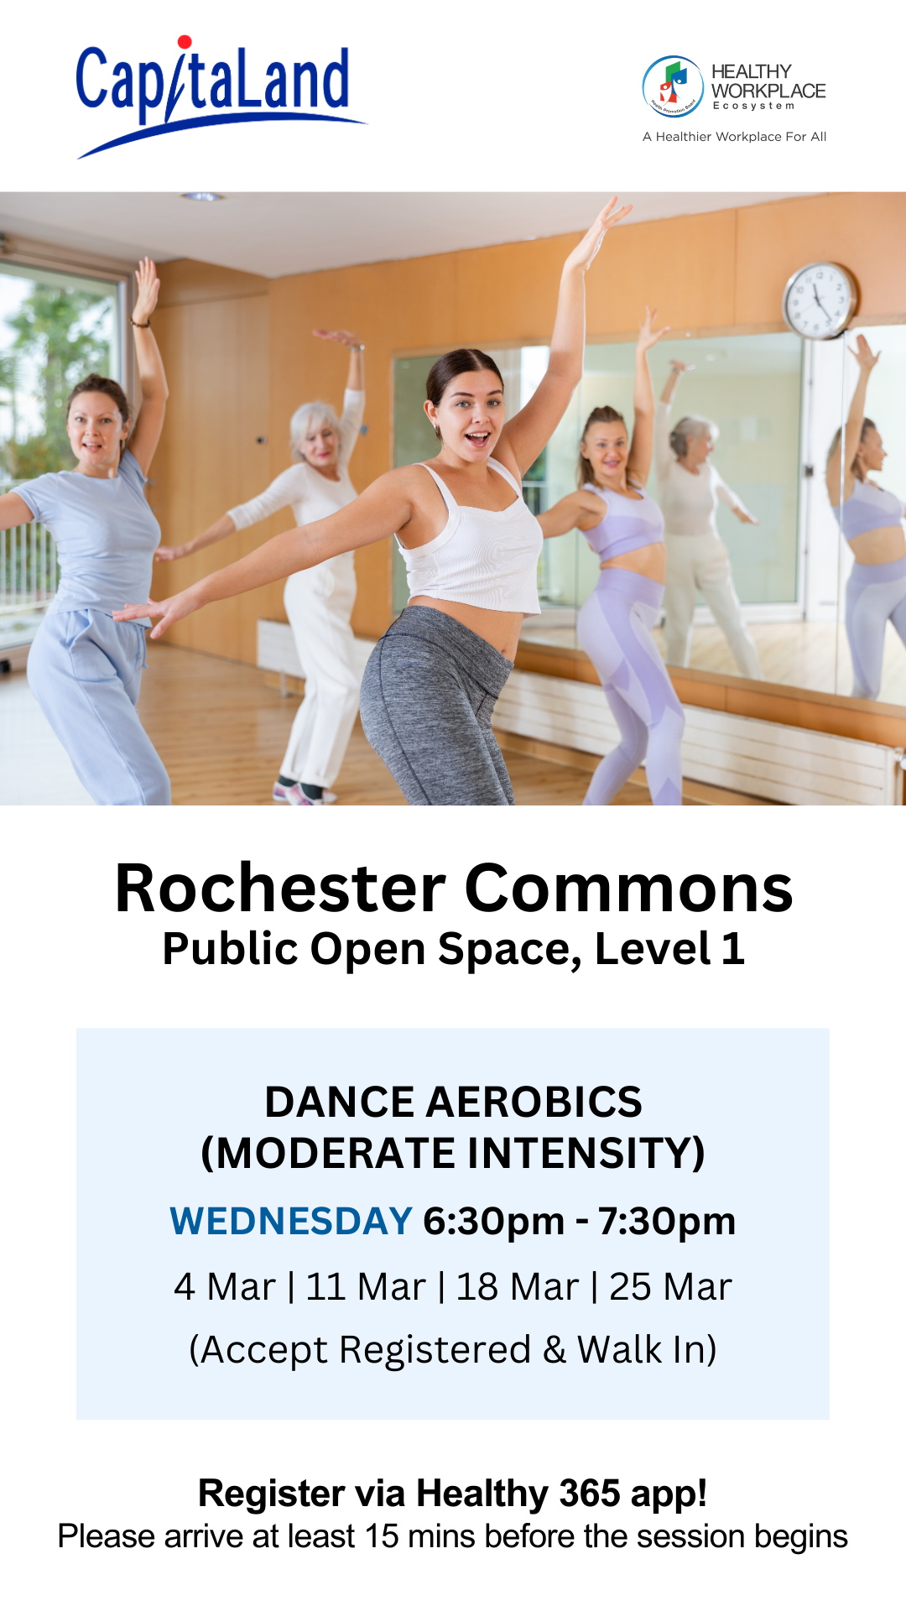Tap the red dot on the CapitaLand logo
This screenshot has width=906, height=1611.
[x=185, y=42]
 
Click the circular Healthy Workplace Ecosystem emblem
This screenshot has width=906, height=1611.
[x=673, y=86]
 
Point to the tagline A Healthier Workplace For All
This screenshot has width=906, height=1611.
[x=735, y=137]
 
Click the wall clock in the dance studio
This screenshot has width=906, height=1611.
[x=820, y=300]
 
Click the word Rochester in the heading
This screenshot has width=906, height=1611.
[x=281, y=889]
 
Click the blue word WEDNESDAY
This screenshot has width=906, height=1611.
[x=291, y=1222]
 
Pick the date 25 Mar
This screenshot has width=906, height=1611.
[x=670, y=1287]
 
